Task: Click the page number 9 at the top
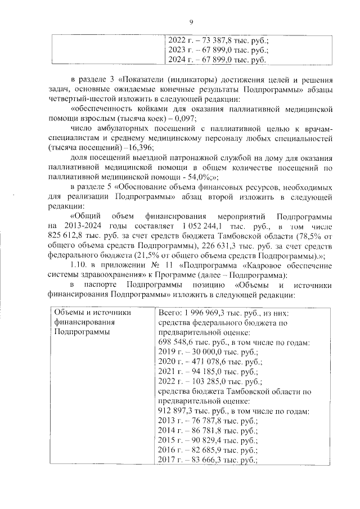(x=191, y=22)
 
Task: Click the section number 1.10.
(x=79, y=267)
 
